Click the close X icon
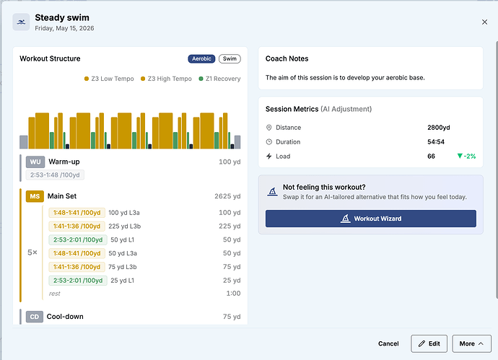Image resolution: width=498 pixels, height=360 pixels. (x=484, y=22)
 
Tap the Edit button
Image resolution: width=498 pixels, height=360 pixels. (x=429, y=343)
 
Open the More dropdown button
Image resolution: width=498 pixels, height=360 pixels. (x=471, y=343)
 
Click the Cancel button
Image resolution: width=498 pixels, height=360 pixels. (x=388, y=343)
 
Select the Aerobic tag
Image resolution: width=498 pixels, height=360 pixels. (x=201, y=58)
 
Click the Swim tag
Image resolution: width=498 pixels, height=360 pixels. (x=230, y=58)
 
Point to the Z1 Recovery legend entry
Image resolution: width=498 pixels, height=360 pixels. (x=219, y=79)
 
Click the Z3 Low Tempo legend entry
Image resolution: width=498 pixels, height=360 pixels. (x=109, y=79)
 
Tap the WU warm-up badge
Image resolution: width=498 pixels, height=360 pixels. (x=35, y=162)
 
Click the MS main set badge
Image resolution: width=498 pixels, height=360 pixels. (x=35, y=196)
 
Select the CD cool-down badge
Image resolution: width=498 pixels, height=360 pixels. (x=35, y=317)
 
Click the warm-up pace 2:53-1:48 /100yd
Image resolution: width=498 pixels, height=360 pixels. (x=55, y=175)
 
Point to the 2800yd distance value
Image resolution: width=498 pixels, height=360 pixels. (x=439, y=128)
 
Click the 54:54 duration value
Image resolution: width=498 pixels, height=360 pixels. (x=436, y=142)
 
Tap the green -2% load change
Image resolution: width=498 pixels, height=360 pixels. (x=466, y=156)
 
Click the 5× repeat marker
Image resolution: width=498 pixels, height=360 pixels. (x=32, y=253)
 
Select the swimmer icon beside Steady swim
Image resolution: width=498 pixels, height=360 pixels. (x=21, y=22)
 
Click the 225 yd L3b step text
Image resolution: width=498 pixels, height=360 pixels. (x=124, y=227)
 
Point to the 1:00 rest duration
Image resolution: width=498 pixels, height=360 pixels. (x=233, y=294)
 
